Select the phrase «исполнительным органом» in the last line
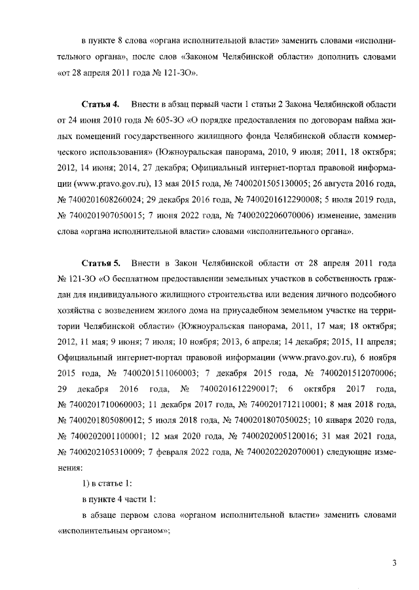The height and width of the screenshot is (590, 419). (113, 530)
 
